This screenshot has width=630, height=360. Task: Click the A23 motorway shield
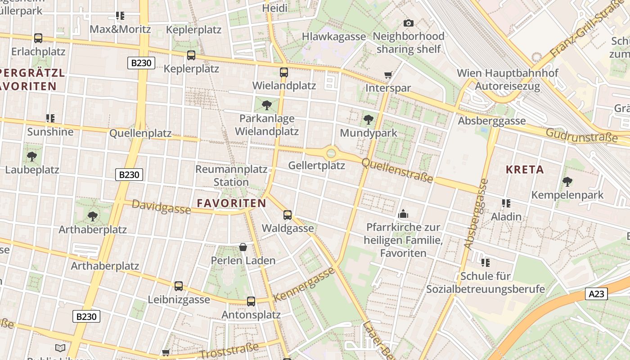pyautogui.click(x=597, y=294)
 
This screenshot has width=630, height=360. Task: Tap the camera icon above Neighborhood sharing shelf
pyautogui.click(x=409, y=23)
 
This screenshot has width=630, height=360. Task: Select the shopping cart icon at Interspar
pyautogui.click(x=388, y=75)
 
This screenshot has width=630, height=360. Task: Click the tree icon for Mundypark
pyautogui.click(x=369, y=119)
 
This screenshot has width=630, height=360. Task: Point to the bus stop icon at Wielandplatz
pyautogui.click(x=284, y=72)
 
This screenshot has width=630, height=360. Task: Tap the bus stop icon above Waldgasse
pyautogui.click(x=288, y=215)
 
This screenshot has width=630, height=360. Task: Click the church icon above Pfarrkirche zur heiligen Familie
pyautogui.click(x=403, y=213)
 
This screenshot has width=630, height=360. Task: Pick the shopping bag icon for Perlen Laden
pyautogui.click(x=243, y=247)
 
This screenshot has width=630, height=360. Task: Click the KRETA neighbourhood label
pyautogui.click(x=525, y=170)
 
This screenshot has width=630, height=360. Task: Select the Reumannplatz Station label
pyautogui.click(x=231, y=175)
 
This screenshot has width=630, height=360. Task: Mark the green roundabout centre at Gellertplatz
pyautogui.click(x=331, y=153)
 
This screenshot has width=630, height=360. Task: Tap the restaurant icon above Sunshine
pyautogui.click(x=50, y=118)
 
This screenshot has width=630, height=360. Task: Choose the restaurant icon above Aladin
pyautogui.click(x=506, y=203)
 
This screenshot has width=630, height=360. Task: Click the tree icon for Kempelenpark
pyautogui.click(x=567, y=182)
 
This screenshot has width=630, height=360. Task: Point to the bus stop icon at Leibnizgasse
pyautogui.click(x=179, y=286)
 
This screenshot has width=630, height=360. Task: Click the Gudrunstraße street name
pyautogui.click(x=581, y=135)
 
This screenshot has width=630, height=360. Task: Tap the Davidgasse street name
pyautogui.click(x=161, y=207)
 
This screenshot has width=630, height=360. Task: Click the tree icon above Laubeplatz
pyautogui.click(x=32, y=157)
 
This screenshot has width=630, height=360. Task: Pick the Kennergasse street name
pyautogui.click(x=305, y=284)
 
